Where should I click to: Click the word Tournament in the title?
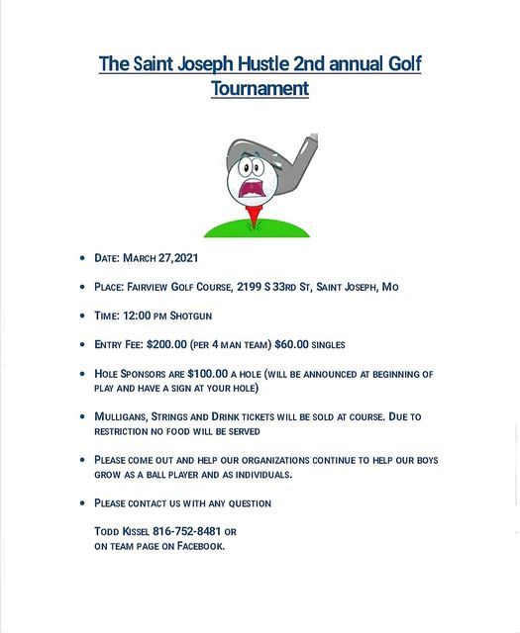(260, 88)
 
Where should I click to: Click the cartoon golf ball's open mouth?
(255, 187)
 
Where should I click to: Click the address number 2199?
(250, 287)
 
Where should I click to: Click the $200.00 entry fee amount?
(165, 344)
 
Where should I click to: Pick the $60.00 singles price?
(290, 344)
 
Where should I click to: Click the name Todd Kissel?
(121, 531)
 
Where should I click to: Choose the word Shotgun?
(190, 316)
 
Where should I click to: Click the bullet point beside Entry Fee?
(83, 345)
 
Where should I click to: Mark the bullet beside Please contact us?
(83, 503)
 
